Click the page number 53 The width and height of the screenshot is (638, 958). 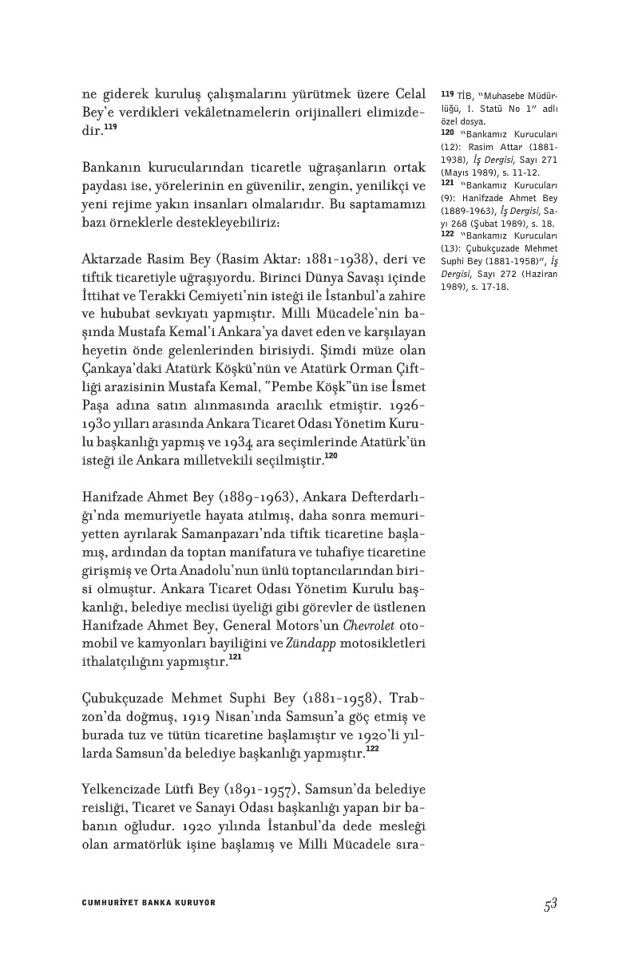549,905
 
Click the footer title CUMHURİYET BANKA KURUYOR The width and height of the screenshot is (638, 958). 149,903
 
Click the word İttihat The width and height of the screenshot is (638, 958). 101,299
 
